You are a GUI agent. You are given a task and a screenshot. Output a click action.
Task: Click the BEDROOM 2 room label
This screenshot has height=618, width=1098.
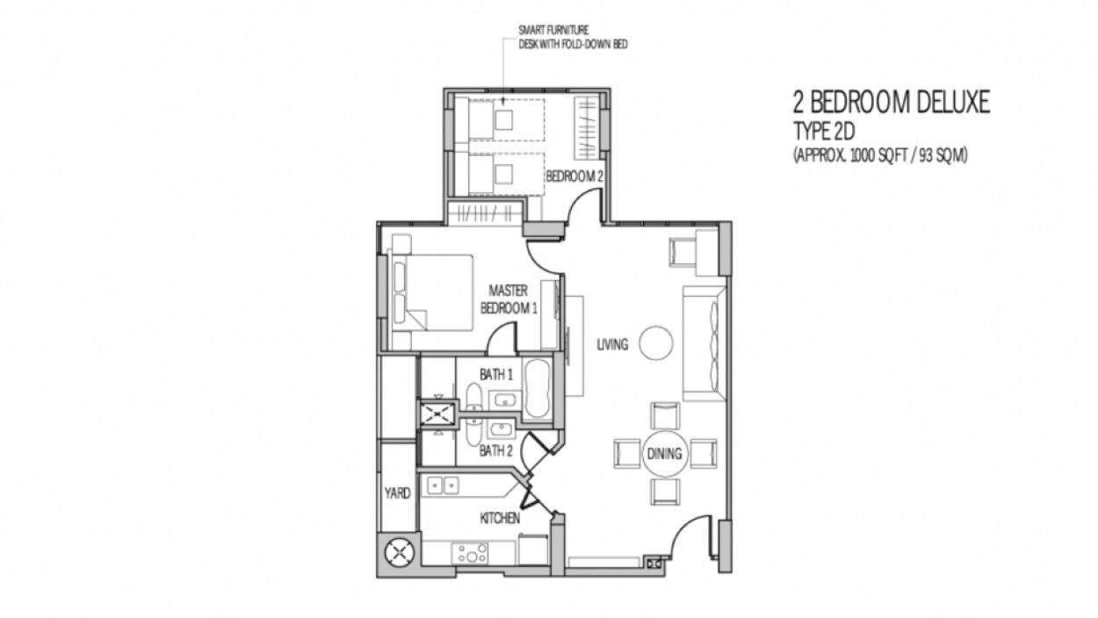pyautogui.click(x=574, y=176)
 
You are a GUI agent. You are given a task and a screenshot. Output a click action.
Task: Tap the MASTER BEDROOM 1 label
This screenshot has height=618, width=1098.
pyautogui.click(x=509, y=299)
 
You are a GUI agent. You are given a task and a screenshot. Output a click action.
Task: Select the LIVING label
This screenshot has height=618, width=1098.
pyautogui.click(x=612, y=345)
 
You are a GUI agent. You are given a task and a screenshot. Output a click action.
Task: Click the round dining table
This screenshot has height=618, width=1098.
pyautogui.click(x=665, y=454)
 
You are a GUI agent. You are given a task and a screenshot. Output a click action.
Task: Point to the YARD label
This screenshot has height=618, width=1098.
pyautogui.click(x=397, y=493)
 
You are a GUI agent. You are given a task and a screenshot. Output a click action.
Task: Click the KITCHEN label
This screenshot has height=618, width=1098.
pyautogui.click(x=500, y=518)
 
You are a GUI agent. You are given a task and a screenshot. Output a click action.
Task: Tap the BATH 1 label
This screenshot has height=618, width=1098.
pyautogui.click(x=496, y=375)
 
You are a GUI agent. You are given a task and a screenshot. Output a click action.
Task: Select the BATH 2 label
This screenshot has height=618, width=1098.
pyautogui.click(x=495, y=451)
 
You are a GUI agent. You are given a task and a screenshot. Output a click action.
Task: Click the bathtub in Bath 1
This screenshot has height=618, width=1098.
pyautogui.click(x=538, y=389)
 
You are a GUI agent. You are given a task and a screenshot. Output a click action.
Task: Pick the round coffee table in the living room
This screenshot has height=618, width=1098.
pyautogui.click(x=656, y=343)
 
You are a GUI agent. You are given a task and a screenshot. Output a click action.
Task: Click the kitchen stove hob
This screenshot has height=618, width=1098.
pyautogui.click(x=470, y=553)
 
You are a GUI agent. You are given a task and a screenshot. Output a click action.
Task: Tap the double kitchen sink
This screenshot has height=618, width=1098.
pyautogui.click(x=443, y=485)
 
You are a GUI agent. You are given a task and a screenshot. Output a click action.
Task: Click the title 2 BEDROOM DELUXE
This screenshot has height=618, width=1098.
pyautogui.click(x=892, y=103)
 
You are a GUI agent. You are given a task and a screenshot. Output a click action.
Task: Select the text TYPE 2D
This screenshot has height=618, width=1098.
pyautogui.click(x=824, y=132)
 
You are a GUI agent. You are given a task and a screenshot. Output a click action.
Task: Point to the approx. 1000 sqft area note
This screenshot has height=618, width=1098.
pyautogui.click(x=880, y=155)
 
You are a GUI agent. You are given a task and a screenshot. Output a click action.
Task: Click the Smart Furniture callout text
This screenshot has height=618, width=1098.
pyautogui.click(x=573, y=37)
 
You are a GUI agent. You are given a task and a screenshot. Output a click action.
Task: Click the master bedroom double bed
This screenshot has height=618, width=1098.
pyautogui.click(x=431, y=292)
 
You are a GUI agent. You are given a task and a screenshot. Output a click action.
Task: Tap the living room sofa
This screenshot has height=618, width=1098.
pyautogui.click(x=704, y=343)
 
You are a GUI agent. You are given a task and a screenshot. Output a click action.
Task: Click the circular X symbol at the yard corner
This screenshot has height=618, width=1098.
pyautogui.click(x=400, y=553)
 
